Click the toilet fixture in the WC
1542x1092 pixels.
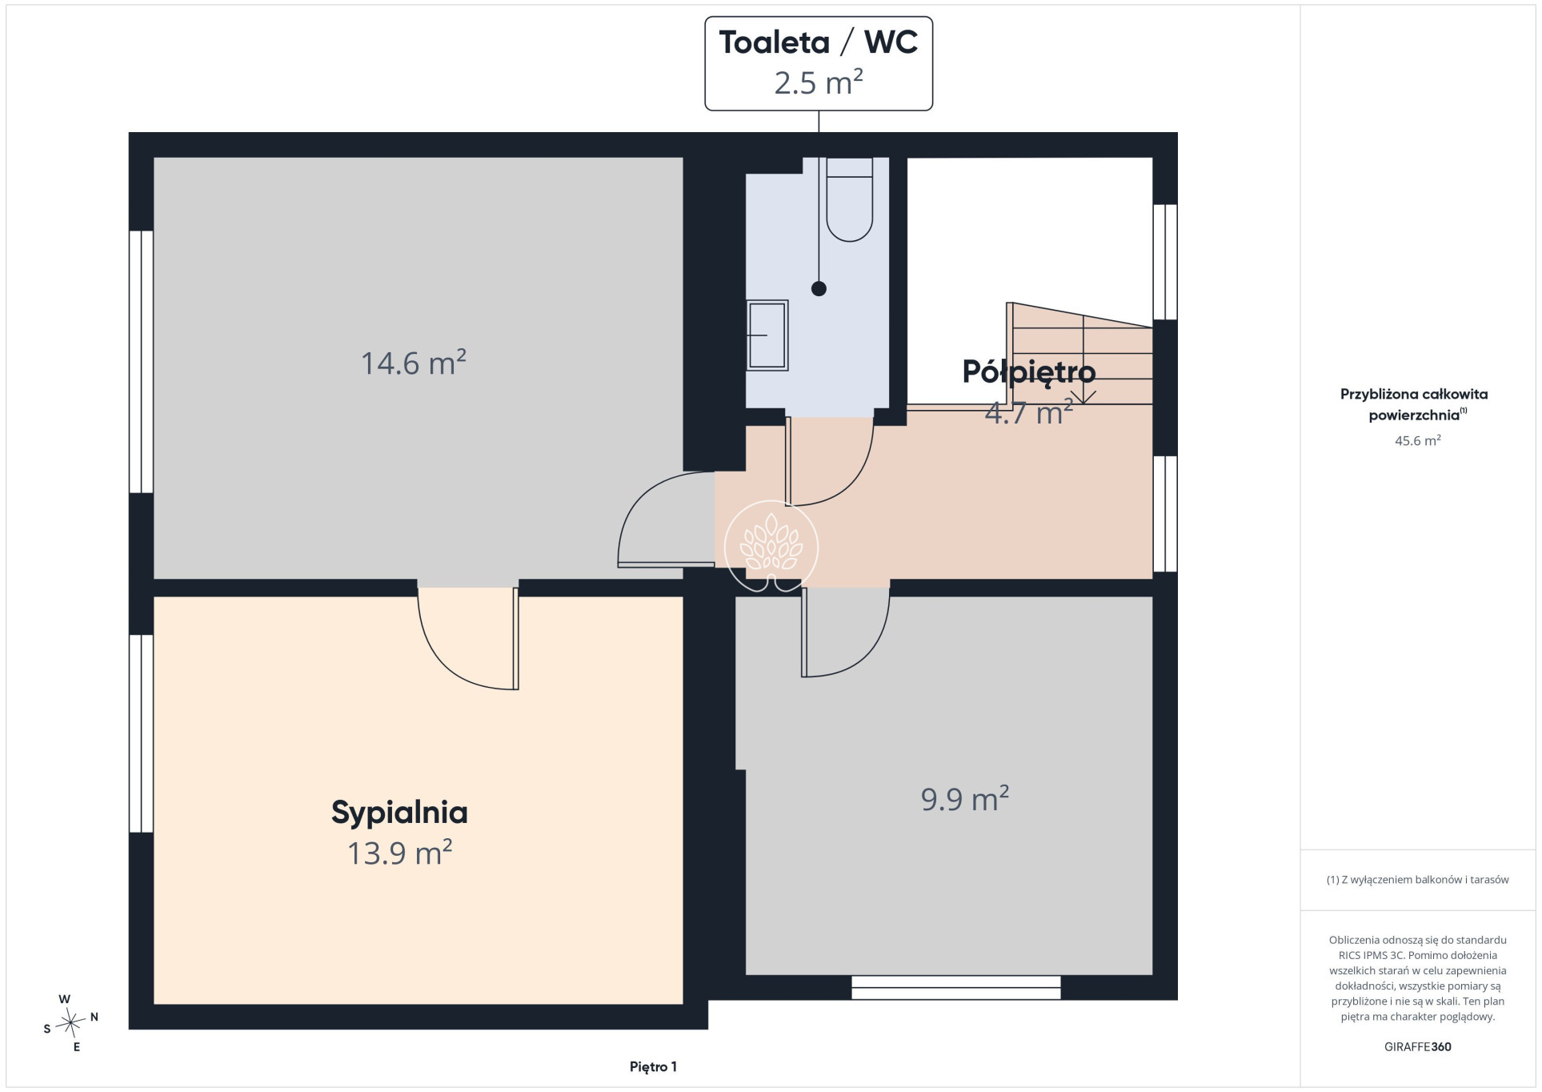click(x=849, y=199)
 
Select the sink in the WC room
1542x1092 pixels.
click(x=767, y=335)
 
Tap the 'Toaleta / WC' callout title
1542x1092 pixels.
click(x=819, y=42)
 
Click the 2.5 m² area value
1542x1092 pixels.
click(x=819, y=82)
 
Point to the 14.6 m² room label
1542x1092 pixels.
click(x=414, y=363)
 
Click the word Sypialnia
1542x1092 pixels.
click(x=399, y=813)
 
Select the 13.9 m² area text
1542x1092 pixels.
click(x=399, y=853)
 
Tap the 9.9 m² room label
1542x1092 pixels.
click(x=965, y=799)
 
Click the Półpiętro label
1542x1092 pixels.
click(x=1028, y=371)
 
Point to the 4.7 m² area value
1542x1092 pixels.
click(x=1028, y=413)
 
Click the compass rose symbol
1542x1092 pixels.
click(x=70, y=1022)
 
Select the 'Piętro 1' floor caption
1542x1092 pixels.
click(x=653, y=1066)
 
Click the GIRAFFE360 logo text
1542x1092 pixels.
click(x=1417, y=1046)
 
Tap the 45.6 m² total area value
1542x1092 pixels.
click(x=1417, y=440)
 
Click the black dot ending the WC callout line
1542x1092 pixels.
click(x=819, y=289)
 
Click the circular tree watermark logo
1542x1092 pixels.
click(x=771, y=547)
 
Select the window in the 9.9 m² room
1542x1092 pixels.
click(x=955, y=987)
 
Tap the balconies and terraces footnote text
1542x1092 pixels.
click(x=1417, y=879)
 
